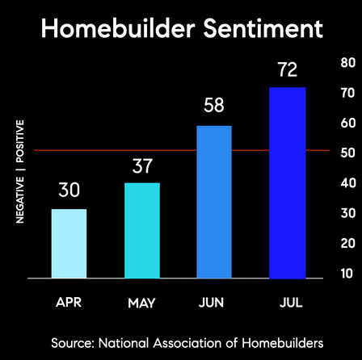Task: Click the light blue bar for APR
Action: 69,244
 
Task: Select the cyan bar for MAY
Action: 142,231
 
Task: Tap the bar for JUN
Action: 214,202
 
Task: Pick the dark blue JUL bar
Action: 288,183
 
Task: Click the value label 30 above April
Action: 69,190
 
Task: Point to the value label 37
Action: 142,165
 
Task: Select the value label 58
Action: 214,105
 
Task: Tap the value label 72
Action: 288,69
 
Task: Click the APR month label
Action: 69,303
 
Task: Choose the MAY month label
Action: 141,303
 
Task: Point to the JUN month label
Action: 211,303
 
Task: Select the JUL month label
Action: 291,303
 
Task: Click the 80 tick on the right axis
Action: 348,63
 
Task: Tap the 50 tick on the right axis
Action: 348,153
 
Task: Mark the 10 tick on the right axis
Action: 347,274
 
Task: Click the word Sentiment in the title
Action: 263,28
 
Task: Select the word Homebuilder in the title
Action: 118,28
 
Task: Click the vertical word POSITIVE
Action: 20,141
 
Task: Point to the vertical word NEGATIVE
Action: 20,200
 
